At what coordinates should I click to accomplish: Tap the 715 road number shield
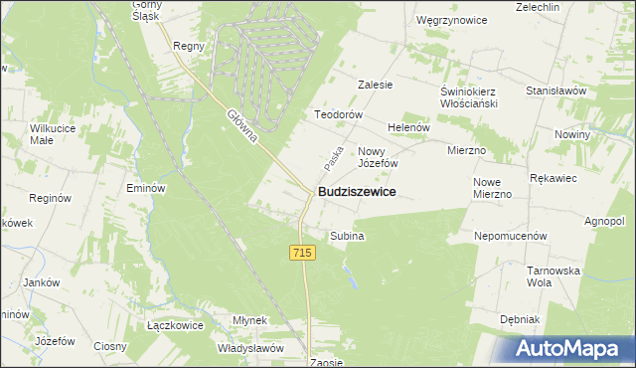coord(304,254)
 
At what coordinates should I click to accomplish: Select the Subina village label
coord(347,236)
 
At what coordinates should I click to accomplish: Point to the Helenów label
coord(407,127)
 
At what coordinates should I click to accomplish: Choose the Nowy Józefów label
coord(378,156)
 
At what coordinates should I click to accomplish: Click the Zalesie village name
coord(376,85)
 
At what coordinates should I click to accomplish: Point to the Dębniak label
coord(520,319)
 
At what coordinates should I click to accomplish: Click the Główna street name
coord(241,126)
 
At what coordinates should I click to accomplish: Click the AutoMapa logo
coord(570,348)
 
